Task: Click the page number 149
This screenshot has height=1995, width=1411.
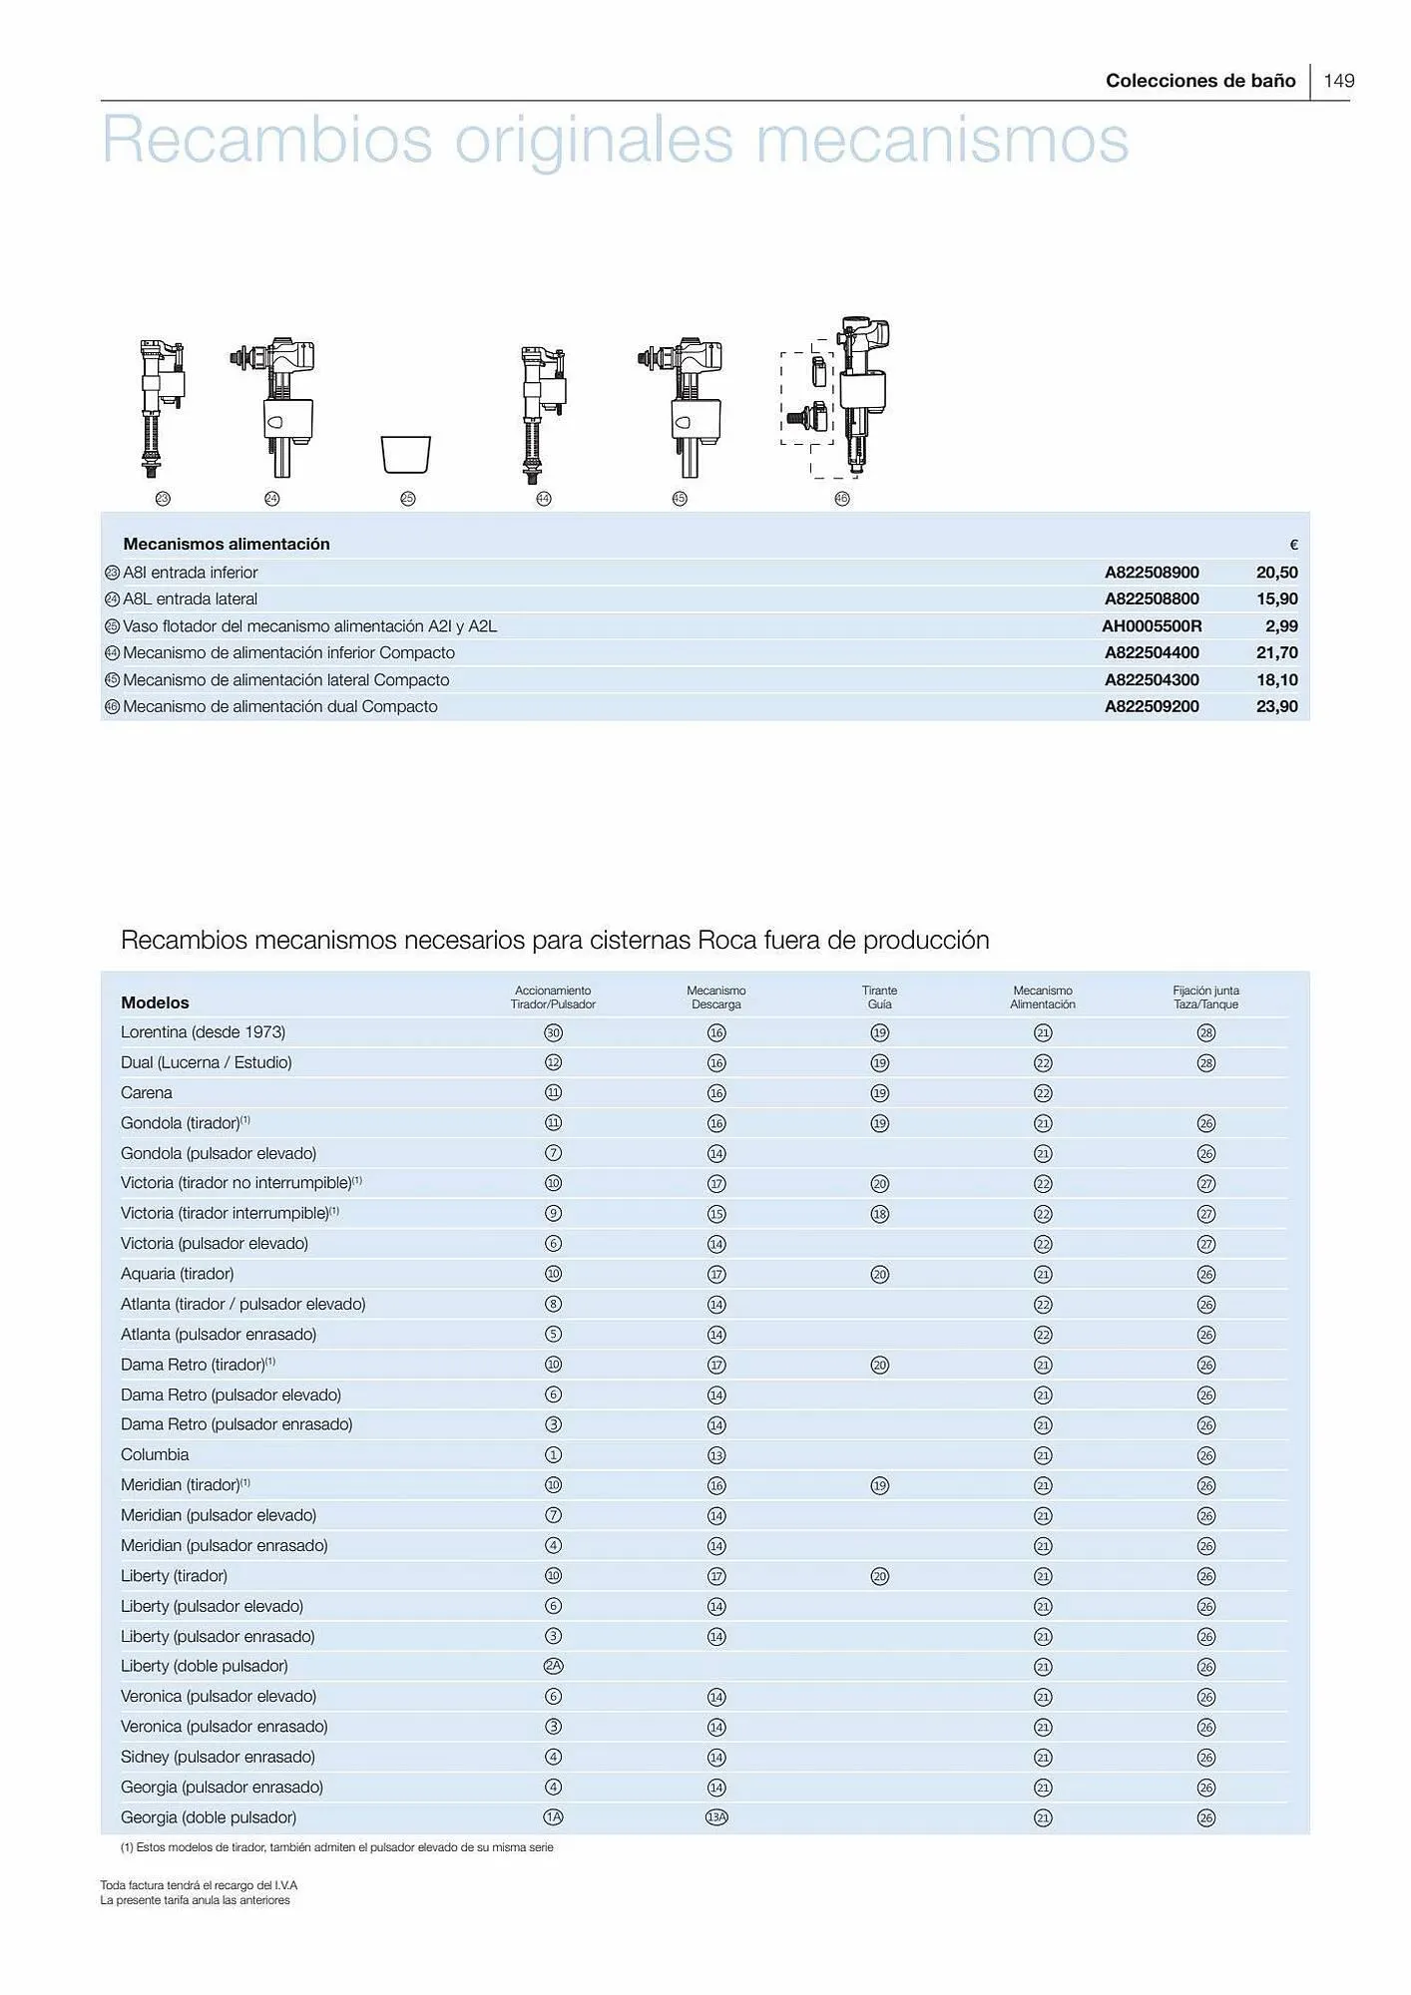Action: tap(1339, 81)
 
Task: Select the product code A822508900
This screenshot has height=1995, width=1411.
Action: tap(1152, 573)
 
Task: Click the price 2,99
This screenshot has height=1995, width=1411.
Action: tap(1281, 626)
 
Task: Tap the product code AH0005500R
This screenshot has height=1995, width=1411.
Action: tap(1152, 626)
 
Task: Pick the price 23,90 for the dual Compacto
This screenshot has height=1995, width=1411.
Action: tap(1276, 706)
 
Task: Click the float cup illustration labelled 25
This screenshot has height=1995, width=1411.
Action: tap(406, 454)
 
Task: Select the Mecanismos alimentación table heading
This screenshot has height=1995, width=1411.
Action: tap(227, 545)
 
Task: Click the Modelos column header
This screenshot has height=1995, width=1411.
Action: tap(155, 1002)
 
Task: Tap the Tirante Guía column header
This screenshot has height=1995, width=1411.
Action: tap(879, 997)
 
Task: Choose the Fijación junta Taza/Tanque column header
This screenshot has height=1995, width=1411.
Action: tap(1205, 997)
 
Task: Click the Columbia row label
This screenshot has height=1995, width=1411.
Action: tap(155, 1454)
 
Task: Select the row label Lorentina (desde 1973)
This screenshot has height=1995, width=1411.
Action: tap(203, 1032)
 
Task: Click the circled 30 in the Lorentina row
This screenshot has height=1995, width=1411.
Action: tap(553, 1033)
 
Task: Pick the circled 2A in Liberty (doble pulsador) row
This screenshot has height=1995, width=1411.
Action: tap(553, 1666)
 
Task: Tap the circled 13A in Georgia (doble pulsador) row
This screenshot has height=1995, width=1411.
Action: tap(716, 1817)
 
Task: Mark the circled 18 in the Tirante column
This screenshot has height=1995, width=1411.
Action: tap(879, 1214)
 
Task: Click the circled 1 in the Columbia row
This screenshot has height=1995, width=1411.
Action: tap(553, 1455)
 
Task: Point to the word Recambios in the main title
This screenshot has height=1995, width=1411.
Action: tap(266, 140)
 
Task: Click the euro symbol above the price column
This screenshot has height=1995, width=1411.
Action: tap(1293, 546)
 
